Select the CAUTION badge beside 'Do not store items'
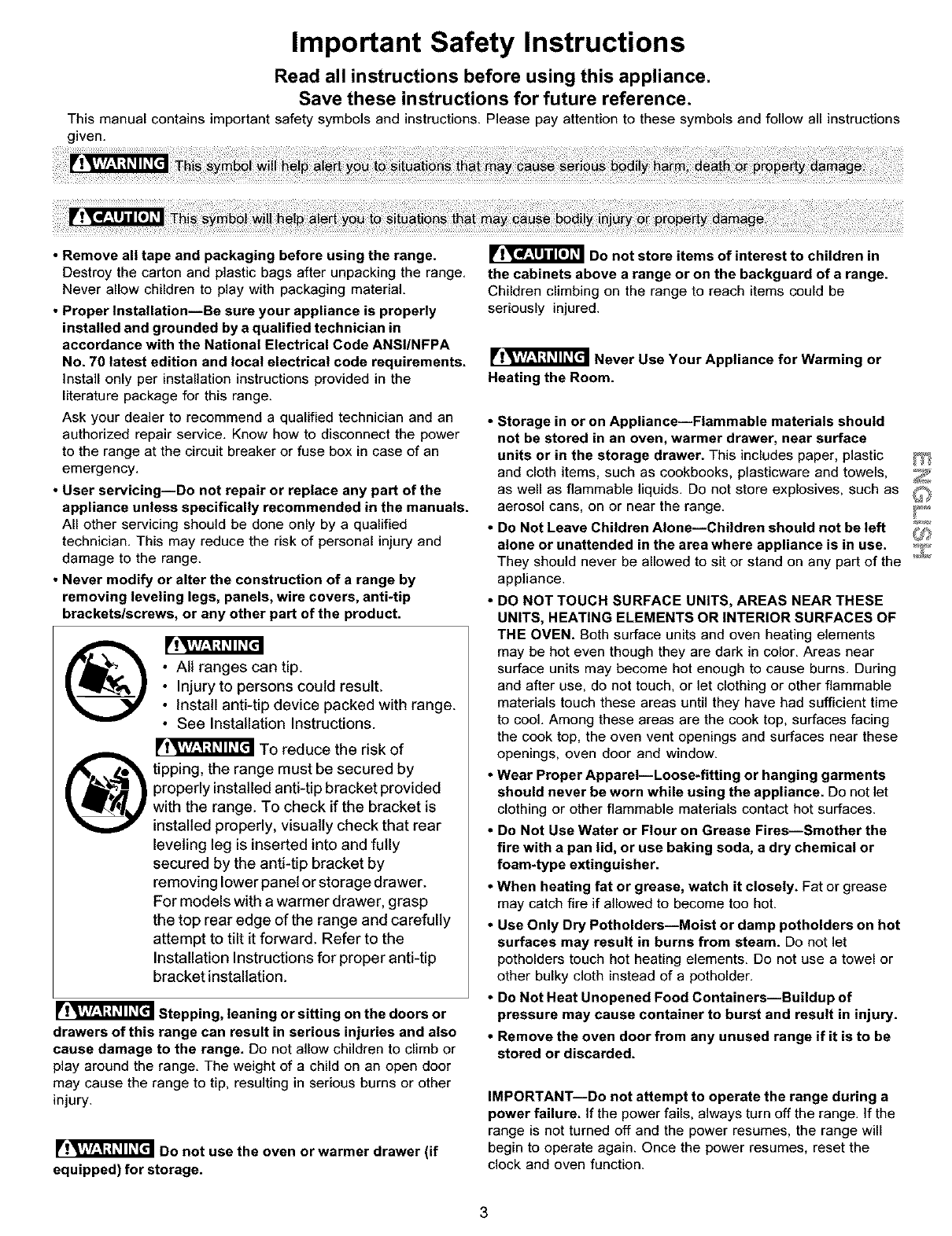[x=535, y=255]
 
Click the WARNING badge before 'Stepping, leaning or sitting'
[x=105, y=1011]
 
